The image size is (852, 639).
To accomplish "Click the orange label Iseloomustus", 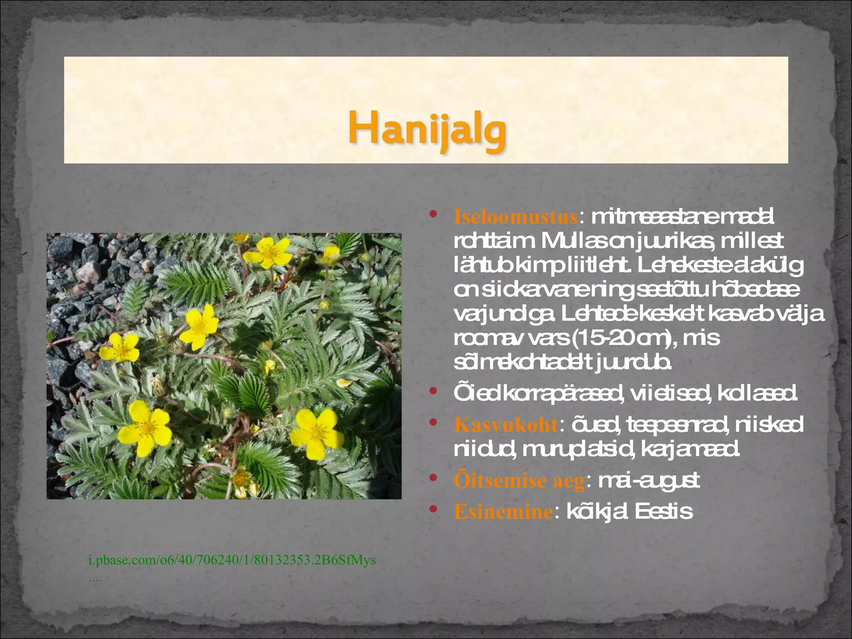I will tap(515, 217).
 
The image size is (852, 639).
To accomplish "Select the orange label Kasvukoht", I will tap(505, 425).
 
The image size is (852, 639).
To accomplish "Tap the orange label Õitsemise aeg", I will tap(519, 480).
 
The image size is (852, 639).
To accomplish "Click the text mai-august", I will tap(649, 480).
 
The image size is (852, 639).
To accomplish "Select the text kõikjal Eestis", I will tap(629, 511).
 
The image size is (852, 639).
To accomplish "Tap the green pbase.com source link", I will tap(232, 560).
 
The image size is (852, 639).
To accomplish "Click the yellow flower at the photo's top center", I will tap(270, 252).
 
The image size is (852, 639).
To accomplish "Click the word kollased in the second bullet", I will tap(757, 393).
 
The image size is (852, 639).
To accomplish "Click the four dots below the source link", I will tap(95, 580).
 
